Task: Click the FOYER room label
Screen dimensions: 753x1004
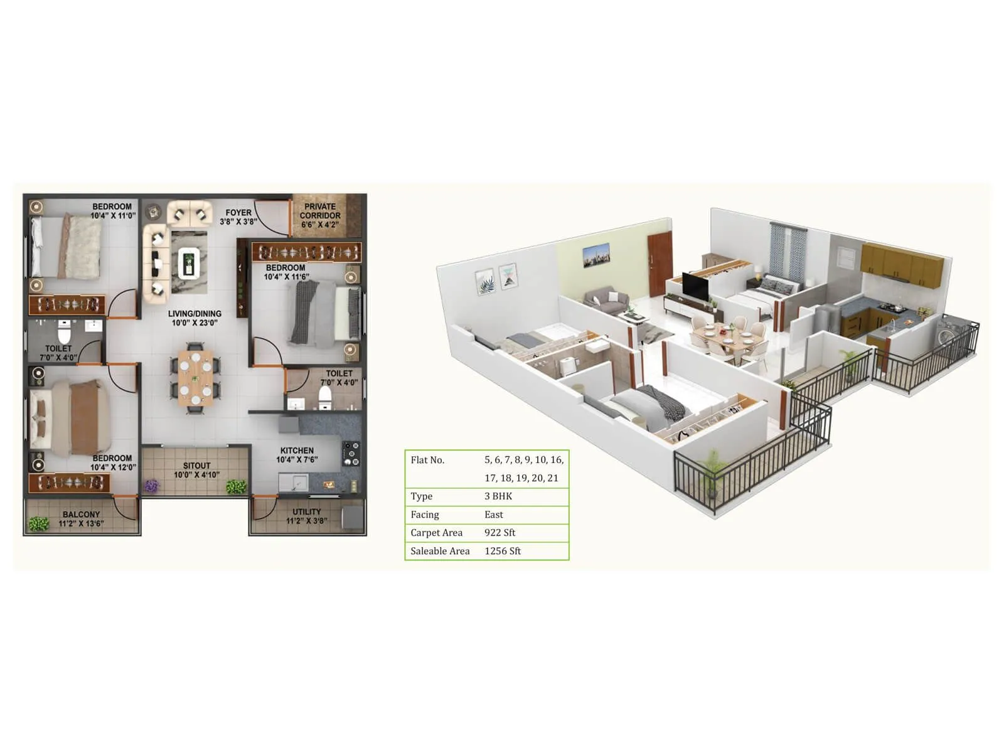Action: pyautogui.click(x=238, y=213)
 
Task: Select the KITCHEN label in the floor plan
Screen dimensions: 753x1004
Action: pyautogui.click(x=297, y=451)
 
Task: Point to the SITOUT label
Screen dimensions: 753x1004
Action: pyautogui.click(x=196, y=466)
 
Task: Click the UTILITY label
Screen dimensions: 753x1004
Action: pyautogui.click(x=306, y=512)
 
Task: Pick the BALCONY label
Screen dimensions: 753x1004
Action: pyautogui.click(x=81, y=515)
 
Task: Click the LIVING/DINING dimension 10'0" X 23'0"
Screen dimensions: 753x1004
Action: pyautogui.click(x=195, y=323)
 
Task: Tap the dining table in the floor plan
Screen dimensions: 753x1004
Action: pyautogui.click(x=195, y=377)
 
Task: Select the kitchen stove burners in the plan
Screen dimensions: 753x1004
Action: pyautogui.click(x=351, y=454)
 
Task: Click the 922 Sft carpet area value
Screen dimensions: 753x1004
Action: pyautogui.click(x=499, y=533)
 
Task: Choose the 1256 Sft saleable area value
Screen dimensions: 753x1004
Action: pyautogui.click(x=503, y=551)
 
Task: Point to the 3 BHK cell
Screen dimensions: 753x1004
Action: pyautogui.click(x=498, y=496)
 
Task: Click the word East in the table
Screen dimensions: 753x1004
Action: pyautogui.click(x=494, y=515)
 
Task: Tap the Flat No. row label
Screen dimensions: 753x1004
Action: pyautogui.click(x=427, y=460)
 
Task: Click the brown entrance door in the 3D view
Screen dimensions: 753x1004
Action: pyautogui.click(x=660, y=263)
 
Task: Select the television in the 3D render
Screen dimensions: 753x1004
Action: pyautogui.click(x=695, y=286)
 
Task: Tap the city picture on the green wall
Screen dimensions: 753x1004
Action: pyautogui.click(x=595, y=255)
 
